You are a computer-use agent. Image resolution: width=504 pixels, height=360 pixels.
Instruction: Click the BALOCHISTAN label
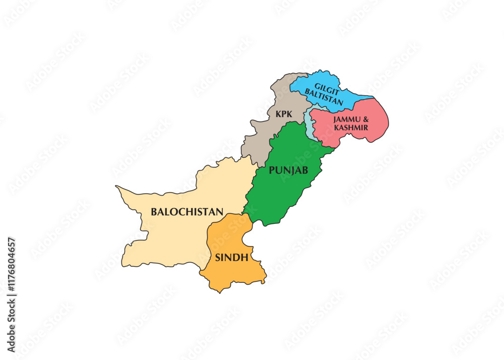coord(187,212)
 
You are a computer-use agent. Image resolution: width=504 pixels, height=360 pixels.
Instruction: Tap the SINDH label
coord(231,258)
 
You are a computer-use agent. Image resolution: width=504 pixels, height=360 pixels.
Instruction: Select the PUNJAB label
coord(288,170)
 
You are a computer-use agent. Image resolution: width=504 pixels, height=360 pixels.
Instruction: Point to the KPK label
coord(284,114)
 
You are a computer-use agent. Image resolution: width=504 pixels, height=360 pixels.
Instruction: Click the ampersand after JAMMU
coord(365,119)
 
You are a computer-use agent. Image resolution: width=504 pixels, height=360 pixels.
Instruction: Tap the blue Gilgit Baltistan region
coord(353,93)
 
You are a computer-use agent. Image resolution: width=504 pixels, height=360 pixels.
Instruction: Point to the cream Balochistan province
coord(166,237)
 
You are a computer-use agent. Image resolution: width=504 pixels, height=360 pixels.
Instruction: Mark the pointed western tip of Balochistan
coord(116,187)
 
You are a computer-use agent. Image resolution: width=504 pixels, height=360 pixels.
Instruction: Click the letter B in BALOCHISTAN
coord(154,212)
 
